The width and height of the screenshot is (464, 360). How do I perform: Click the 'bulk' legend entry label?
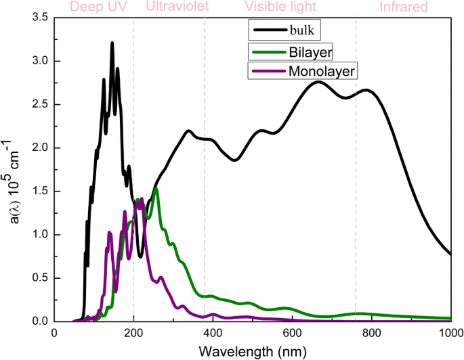tap(306, 30)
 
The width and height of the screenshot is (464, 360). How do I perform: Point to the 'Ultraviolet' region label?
tap(177, 7)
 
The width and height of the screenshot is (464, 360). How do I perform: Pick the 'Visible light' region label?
tap(280, 7)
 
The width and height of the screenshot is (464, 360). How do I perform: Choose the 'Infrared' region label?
tap(404, 7)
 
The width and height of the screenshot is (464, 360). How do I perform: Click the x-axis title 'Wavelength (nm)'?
tap(252, 352)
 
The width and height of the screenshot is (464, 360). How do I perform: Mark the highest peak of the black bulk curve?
tap(112, 43)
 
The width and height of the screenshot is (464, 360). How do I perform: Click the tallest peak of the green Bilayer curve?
tap(156, 189)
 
